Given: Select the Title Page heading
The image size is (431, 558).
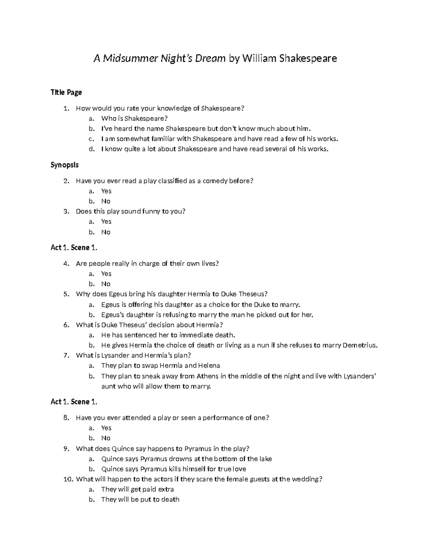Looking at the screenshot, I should (66, 92).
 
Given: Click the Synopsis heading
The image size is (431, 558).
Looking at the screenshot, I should (65, 165).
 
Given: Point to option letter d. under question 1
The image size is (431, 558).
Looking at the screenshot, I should (91, 149).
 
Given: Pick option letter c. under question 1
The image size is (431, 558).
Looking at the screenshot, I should (91, 139).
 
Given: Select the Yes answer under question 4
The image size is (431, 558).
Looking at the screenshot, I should (106, 273).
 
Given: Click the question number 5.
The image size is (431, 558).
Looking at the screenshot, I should (66, 294).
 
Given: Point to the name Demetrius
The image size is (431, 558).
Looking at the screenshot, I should (360, 345).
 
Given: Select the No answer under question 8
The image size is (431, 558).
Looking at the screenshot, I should (106, 438).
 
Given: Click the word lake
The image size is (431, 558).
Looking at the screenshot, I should (266, 459).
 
